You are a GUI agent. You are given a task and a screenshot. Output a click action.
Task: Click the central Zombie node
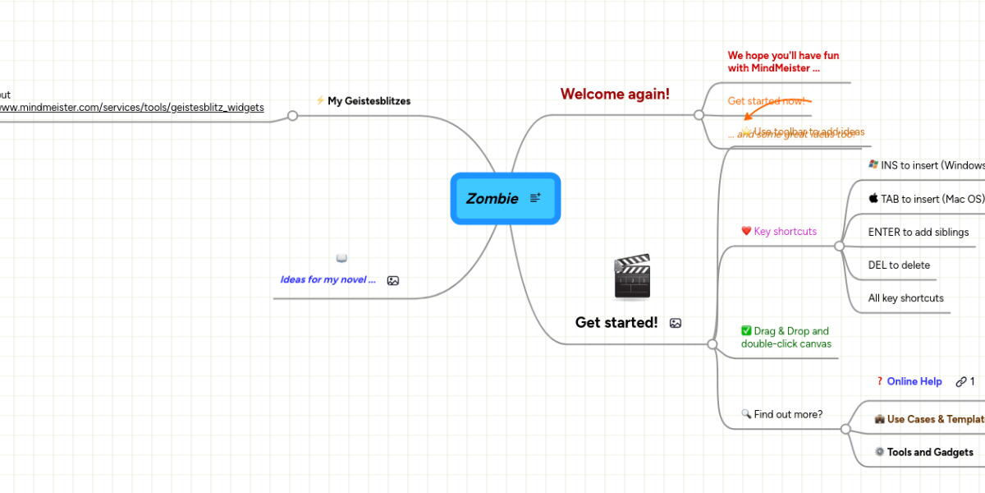click(x=492, y=199)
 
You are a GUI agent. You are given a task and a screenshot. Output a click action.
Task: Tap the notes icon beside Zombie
click(x=535, y=198)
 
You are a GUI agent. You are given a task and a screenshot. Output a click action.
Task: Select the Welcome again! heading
click(x=615, y=94)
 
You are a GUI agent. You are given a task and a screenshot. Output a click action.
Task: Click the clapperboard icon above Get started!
click(x=632, y=276)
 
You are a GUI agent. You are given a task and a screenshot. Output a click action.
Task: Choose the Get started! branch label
click(x=616, y=323)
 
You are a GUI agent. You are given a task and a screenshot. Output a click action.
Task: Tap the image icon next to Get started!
click(x=676, y=324)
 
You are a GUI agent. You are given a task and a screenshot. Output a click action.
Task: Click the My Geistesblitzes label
click(x=369, y=101)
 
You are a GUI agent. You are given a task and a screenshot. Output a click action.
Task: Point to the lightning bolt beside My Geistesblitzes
click(x=320, y=101)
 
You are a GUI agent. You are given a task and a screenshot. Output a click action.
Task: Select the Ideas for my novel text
click(x=328, y=279)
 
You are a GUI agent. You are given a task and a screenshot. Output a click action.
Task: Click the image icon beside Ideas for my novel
click(x=393, y=280)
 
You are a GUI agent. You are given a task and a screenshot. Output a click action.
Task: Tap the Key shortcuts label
click(x=785, y=232)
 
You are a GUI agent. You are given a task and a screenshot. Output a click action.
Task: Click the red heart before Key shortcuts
click(x=746, y=232)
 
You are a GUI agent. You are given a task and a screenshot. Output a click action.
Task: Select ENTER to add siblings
click(x=918, y=233)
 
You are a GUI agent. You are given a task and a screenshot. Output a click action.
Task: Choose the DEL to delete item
click(x=899, y=265)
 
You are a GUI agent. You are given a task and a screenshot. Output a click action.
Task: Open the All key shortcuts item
click(x=905, y=298)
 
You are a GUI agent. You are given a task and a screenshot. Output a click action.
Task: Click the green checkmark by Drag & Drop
click(x=746, y=331)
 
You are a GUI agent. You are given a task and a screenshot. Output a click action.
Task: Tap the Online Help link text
click(x=914, y=381)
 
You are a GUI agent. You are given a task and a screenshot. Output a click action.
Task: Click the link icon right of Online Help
click(x=960, y=381)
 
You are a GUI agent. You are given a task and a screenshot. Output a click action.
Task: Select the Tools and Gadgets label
click(x=929, y=452)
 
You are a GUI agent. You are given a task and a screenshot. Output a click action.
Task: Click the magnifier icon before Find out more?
click(x=746, y=414)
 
